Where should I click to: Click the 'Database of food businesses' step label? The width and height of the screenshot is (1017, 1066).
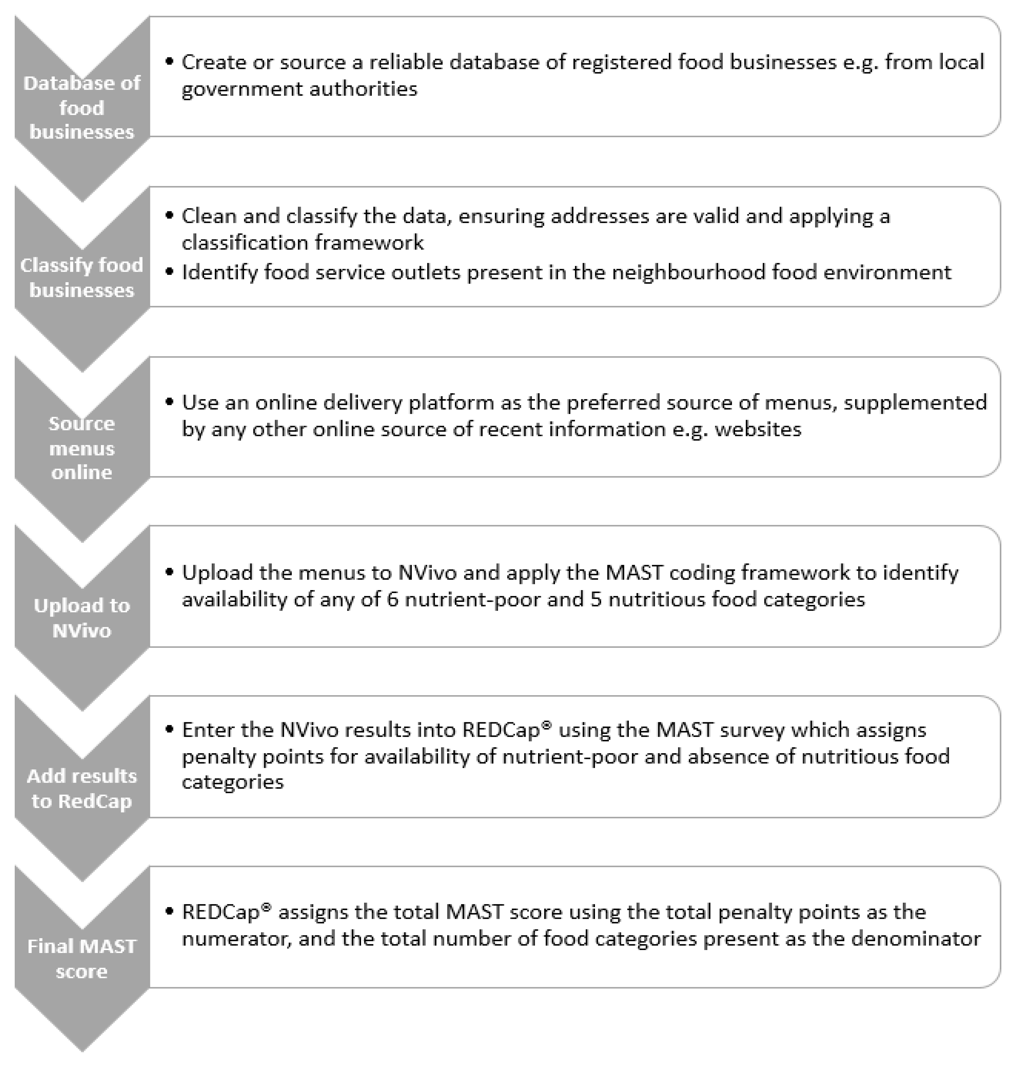pyautogui.click(x=82, y=107)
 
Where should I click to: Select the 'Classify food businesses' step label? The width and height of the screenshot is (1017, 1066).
pyautogui.click(x=82, y=277)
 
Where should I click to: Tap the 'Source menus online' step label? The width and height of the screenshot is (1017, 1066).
pyautogui.click(x=82, y=448)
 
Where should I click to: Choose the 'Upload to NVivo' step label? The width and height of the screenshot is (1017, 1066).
pyautogui.click(x=82, y=617)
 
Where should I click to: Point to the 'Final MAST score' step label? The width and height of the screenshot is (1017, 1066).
pyautogui.click(x=82, y=958)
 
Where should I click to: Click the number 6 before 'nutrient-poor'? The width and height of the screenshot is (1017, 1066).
pyautogui.click(x=393, y=599)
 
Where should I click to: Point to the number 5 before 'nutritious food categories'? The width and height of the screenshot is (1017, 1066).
pyautogui.click(x=596, y=599)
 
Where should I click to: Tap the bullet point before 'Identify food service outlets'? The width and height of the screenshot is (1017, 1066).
pyautogui.click(x=170, y=271)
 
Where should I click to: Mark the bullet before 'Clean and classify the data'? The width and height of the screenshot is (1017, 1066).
pyautogui.click(x=170, y=215)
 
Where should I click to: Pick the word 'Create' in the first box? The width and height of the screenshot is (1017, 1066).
pyautogui.click(x=206, y=62)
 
